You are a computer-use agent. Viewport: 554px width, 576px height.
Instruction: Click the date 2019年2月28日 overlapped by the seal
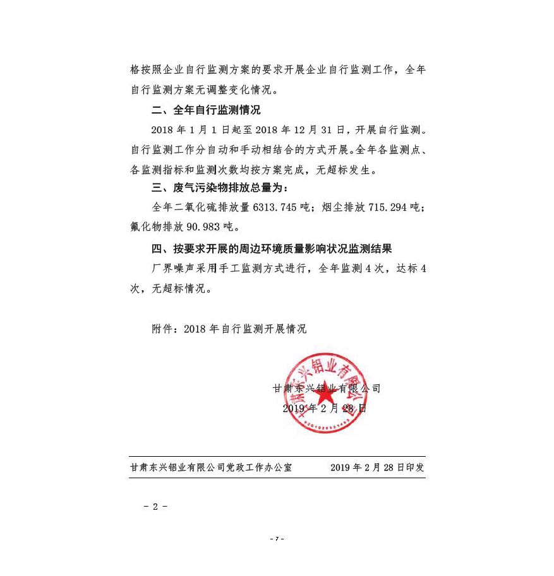tap(324, 408)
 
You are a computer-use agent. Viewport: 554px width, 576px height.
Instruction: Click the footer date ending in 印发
tap(377, 468)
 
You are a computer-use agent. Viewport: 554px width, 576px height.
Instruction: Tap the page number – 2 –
tap(155, 507)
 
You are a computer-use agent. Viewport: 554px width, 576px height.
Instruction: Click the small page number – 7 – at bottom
tap(277, 539)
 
